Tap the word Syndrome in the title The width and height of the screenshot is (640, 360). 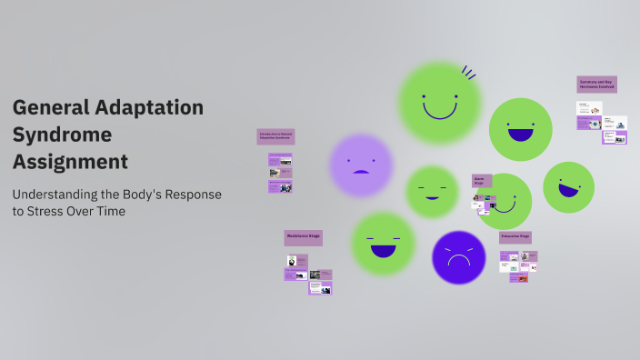pyautogui.click(x=62, y=135)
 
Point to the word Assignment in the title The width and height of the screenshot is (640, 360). pyautogui.click(x=70, y=162)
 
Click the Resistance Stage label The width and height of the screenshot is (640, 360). pyautogui.click(x=303, y=237)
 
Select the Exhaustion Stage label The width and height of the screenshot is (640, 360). pyautogui.click(x=515, y=237)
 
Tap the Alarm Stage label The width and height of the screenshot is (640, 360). pyautogui.click(x=481, y=180)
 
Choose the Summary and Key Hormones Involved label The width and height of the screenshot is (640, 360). pyautogui.click(x=596, y=84)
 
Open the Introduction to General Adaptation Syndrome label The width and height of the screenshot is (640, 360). pyautogui.click(x=275, y=136)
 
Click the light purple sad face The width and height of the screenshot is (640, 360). pyautogui.click(x=361, y=165)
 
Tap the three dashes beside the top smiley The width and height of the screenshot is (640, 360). pyautogui.click(x=469, y=73)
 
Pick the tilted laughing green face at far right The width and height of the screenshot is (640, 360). pyautogui.click(x=568, y=186)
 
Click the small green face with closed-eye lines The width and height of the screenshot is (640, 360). pyautogui.click(x=431, y=191)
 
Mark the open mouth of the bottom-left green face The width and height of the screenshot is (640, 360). pyautogui.click(x=383, y=250)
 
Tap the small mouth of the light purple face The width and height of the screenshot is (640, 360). pyautogui.click(x=361, y=172)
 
